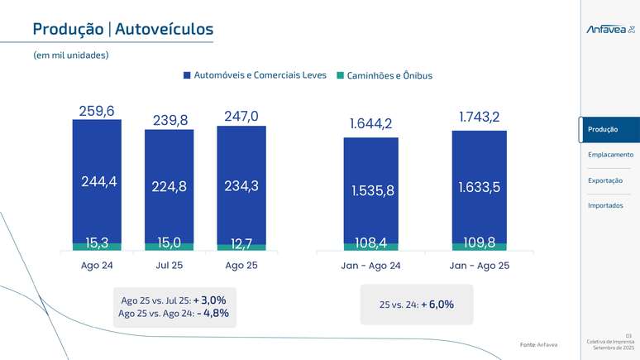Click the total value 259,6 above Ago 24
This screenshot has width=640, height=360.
click(97, 110)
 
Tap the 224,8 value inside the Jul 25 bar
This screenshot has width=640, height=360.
click(170, 187)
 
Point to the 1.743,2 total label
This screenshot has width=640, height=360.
click(480, 118)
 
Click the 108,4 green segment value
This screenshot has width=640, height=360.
click(371, 244)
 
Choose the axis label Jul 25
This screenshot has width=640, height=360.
click(170, 266)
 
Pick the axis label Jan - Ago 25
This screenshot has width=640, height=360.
click(480, 266)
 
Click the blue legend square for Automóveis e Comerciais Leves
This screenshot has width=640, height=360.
click(187, 75)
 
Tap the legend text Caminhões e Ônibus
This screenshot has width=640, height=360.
click(389, 75)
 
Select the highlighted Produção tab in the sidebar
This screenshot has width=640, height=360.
click(609, 129)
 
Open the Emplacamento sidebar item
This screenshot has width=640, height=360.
click(610, 155)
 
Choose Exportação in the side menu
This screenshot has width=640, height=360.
click(606, 180)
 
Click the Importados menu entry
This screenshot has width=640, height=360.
click(605, 205)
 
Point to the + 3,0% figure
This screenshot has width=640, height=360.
click(209, 300)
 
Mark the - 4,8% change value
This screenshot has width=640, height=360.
click(213, 314)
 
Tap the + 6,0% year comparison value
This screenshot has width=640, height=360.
click(437, 305)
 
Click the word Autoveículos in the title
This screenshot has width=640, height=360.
click(164, 30)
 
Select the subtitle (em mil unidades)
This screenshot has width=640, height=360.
click(71, 55)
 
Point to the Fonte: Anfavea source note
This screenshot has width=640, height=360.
click(538, 344)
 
